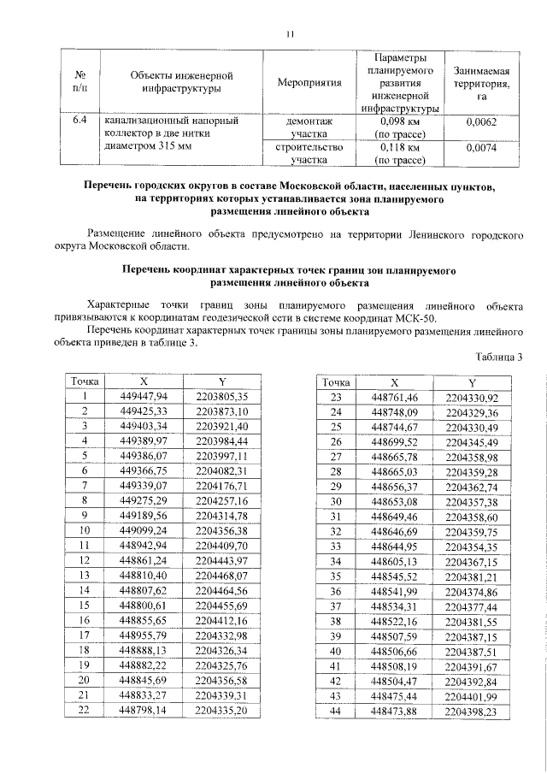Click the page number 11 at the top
(x=289, y=35)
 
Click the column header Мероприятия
(x=309, y=82)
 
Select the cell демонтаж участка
(x=309, y=127)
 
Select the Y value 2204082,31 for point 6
(x=221, y=470)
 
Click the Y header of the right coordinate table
(x=472, y=382)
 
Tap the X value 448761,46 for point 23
(x=394, y=398)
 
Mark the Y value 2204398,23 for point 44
(x=472, y=711)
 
